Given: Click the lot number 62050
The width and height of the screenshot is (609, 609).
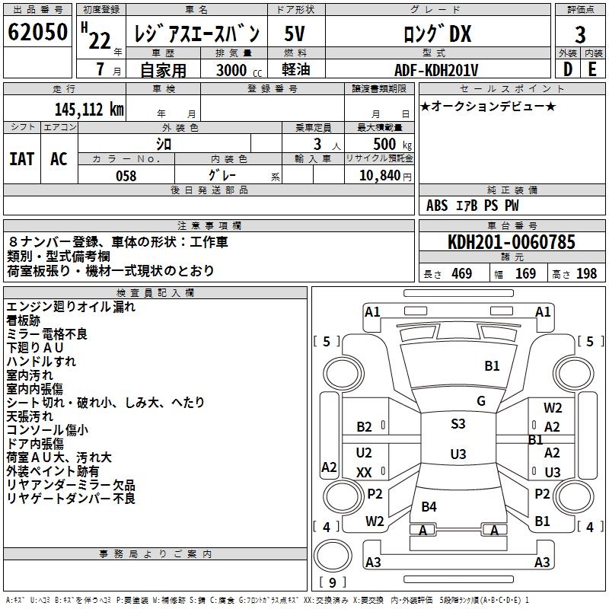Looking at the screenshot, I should tap(37, 33).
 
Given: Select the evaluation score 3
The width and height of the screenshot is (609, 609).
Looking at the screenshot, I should tap(580, 34).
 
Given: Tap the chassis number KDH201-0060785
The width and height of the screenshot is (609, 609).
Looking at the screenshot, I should tap(512, 243).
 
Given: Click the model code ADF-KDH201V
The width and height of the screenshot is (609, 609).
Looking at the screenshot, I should tap(436, 70).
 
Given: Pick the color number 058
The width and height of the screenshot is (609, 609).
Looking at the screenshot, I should tap(126, 176).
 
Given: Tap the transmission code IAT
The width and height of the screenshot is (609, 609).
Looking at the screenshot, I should tap(21, 159).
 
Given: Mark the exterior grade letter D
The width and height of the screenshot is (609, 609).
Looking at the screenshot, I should tap(567, 70).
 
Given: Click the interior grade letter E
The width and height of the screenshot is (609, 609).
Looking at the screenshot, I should tap(592, 70).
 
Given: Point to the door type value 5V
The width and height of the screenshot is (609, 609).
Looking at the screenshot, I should tap(296, 34).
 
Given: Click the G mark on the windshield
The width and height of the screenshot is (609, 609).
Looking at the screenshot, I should tap(481, 400).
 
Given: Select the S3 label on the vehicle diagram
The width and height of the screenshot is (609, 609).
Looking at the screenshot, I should tap(458, 424).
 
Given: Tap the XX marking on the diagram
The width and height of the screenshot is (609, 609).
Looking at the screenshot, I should tap(364, 473).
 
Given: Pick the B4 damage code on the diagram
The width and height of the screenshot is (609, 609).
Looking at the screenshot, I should tap(429, 506).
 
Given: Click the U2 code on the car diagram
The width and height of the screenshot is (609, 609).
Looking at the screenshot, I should tap(364, 453).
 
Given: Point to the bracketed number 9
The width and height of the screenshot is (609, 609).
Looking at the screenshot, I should tap(331, 582).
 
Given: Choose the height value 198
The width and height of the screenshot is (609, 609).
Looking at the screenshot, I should tap(587, 274).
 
